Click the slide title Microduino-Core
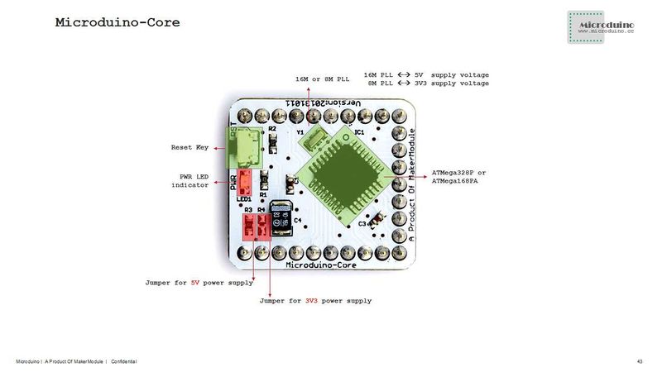pos(117,23)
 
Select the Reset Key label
pos(190,148)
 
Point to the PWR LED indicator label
pos(189,180)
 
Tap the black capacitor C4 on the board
pos(281,217)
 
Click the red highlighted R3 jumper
pos(247,226)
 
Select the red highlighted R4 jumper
pos(261,226)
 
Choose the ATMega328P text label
pos(459,172)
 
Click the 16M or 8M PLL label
pos(323,79)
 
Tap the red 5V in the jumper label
pos(195,283)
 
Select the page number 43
pos(640,362)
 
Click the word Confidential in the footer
pos(123,362)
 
